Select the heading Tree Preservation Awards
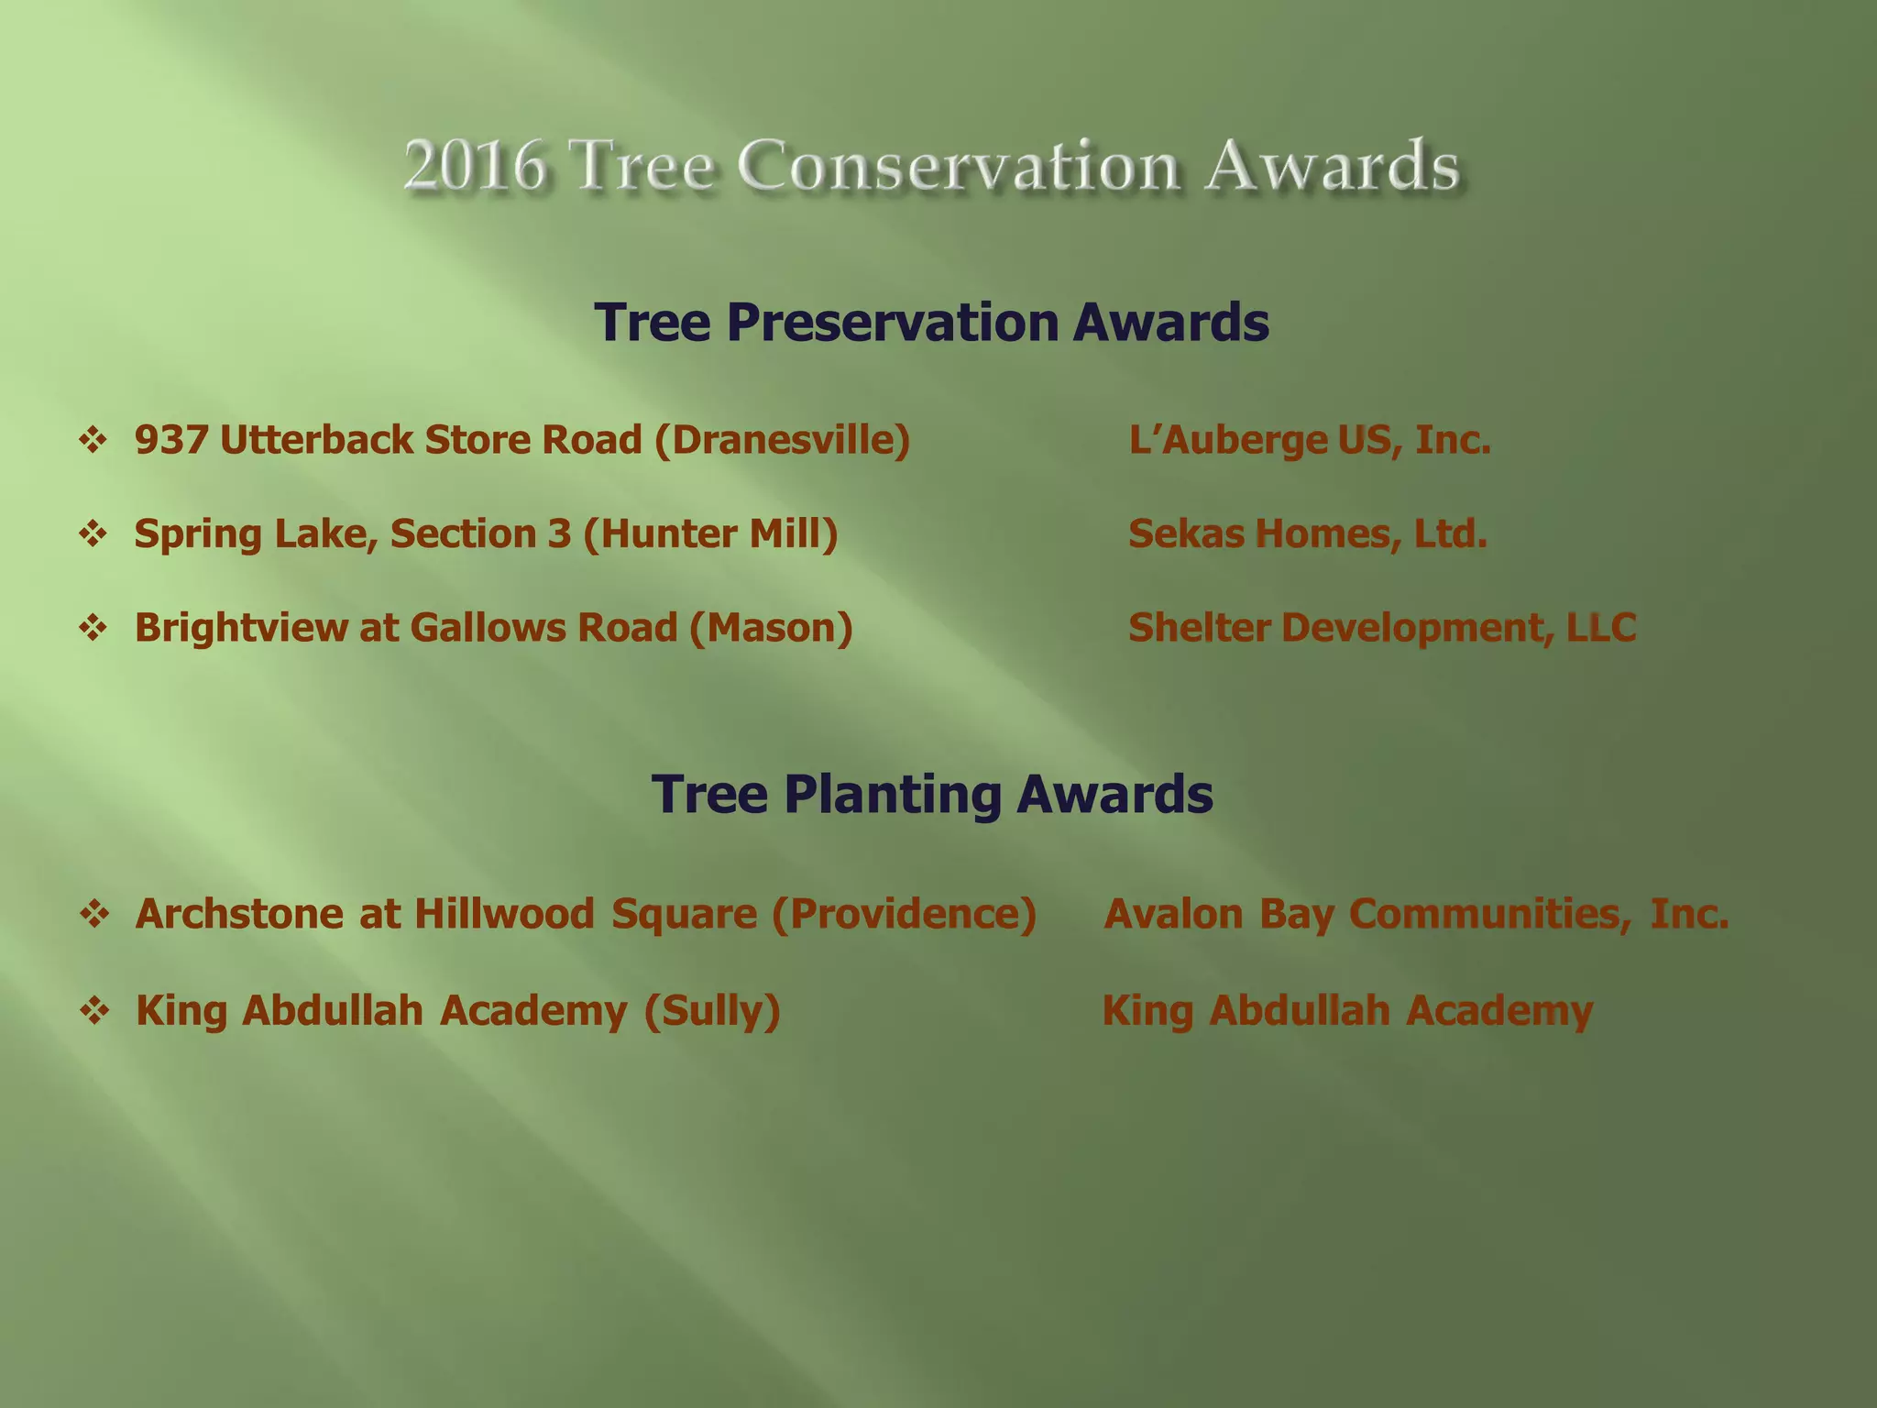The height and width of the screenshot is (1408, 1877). point(931,322)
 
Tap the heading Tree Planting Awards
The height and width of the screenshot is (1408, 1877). point(931,794)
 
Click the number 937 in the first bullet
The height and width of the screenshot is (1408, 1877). point(171,440)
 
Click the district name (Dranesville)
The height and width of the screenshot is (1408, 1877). point(782,440)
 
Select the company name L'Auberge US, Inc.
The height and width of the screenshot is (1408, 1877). point(1309,440)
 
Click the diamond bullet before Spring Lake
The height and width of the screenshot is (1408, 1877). point(93,533)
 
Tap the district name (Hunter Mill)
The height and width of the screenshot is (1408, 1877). point(710,533)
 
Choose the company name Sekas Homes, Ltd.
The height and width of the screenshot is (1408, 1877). point(1307,533)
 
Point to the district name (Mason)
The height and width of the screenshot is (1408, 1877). point(771,628)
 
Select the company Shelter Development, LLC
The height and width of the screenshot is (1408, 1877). point(1381,628)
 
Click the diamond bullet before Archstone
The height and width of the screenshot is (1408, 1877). point(94,914)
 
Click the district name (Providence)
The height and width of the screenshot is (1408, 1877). point(904,914)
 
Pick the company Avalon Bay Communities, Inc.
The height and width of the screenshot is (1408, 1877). point(1416,914)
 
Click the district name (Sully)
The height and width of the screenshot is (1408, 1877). point(712,1010)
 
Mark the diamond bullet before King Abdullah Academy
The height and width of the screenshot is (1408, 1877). point(94,1011)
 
